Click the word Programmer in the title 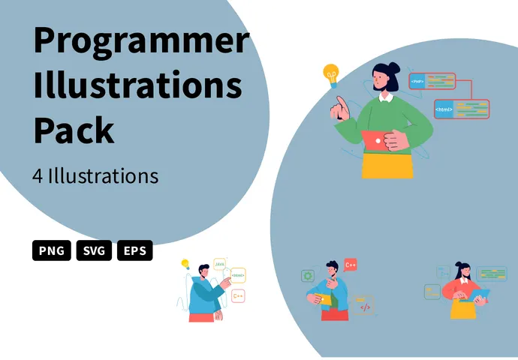coord(140,42)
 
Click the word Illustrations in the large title coord(137,85)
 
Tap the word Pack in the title coord(74,129)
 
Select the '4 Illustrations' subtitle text coord(95,175)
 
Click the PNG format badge coord(52,250)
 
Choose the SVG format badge coord(94,250)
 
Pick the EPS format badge coord(135,250)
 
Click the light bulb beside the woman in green coord(330,74)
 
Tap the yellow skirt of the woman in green coord(387,166)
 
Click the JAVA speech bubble coord(220,264)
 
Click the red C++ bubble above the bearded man coord(351,264)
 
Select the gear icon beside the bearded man coord(307,276)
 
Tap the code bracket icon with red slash coord(365,306)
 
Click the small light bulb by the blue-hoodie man coord(185,263)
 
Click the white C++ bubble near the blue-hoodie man coord(238,295)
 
